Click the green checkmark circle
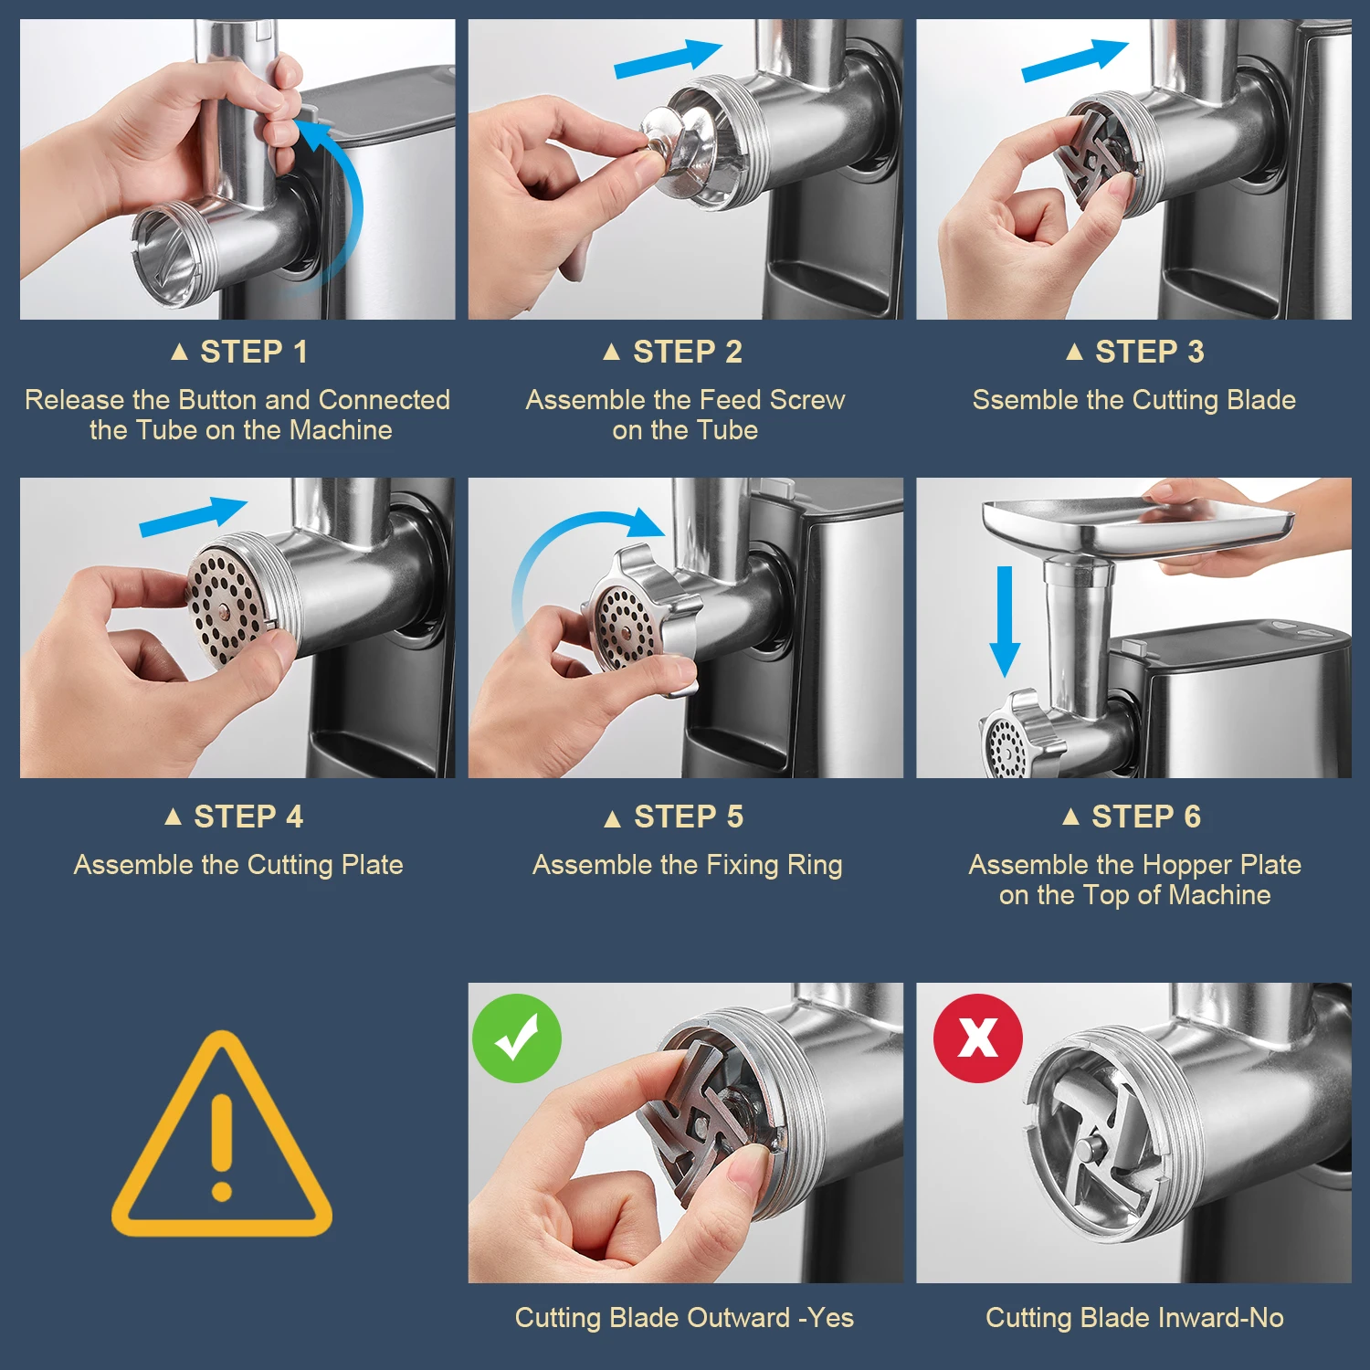[517, 1038]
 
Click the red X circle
[977, 1038]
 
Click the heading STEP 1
[239, 352]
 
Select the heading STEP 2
[673, 352]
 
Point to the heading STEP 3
[1135, 352]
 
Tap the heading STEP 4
[234, 817]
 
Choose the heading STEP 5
[674, 817]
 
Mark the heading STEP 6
[1132, 817]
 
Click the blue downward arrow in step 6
[1005, 621]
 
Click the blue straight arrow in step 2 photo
[669, 58]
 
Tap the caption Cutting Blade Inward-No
[1134, 1318]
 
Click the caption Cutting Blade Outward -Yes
[684, 1318]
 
